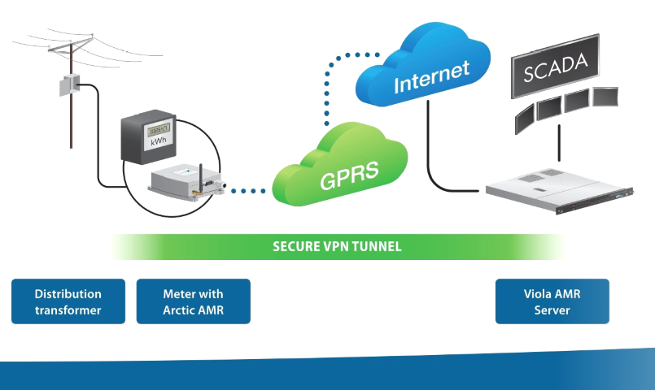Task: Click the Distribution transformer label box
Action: click(x=68, y=301)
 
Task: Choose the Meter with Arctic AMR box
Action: click(x=193, y=301)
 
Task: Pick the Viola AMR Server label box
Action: click(x=552, y=301)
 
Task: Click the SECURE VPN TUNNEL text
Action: click(x=337, y=246)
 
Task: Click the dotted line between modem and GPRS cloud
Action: click(x=247, y=192)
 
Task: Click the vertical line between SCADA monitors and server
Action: click(x=558, y=146)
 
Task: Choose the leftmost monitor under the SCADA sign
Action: click(x=526, y=120)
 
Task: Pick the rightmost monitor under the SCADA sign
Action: click(x=605, y=97)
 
